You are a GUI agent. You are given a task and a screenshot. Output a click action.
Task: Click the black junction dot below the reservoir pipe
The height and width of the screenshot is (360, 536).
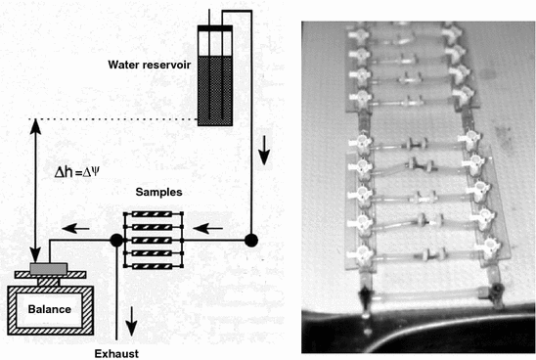click(x=251, y=239)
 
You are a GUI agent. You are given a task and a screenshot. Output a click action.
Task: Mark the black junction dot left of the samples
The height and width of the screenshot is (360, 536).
click(x=116, y=239)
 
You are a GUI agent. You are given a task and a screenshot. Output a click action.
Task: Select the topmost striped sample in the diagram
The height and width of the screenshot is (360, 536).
click(x=154, y=215)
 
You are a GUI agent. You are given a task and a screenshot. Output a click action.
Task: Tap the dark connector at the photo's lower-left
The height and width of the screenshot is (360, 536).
click(x=364, y=297)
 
